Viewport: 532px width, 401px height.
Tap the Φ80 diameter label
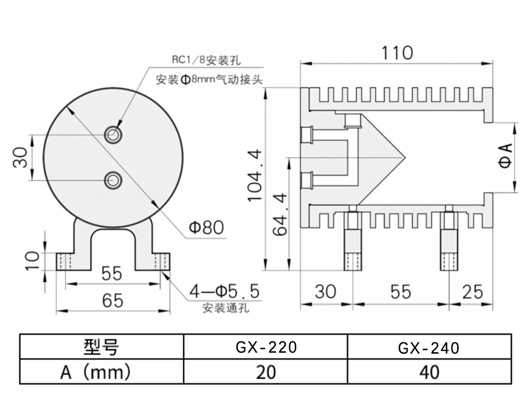coord(206,228)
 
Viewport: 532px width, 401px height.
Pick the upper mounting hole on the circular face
coord(113,134)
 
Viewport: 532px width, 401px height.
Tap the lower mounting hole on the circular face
coord(113,180)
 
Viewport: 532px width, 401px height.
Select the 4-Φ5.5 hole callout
coord(224,292)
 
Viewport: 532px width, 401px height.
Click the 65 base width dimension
coord(112,300)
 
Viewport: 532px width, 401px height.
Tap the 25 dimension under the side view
coord(471,292)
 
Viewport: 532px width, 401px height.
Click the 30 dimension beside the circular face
coord(20,157)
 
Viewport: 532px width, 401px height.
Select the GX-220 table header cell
coord(266,347)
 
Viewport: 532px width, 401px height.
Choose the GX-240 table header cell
coord(429,348)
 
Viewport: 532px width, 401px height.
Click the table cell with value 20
coord(266,372)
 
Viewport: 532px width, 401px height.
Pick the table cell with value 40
coord(429,372)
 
